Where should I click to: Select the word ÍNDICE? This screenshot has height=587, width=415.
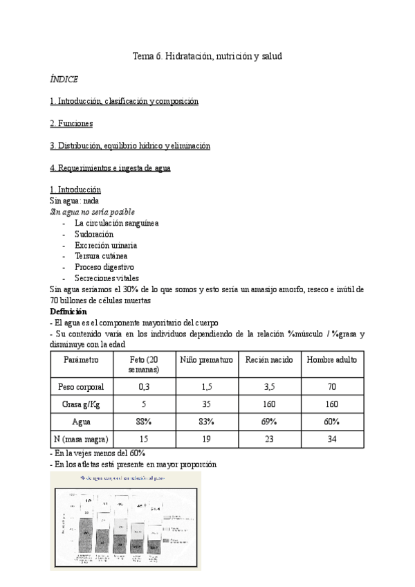pos(64,79)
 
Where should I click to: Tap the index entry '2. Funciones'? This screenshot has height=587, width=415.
pos(71,123)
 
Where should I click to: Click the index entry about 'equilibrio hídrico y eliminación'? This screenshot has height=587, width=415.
pos(130,145)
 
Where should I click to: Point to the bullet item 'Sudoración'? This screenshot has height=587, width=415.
pos(93,234)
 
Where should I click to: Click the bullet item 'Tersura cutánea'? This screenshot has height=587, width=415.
pos(101,255)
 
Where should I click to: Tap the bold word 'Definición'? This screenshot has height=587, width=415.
pos(68,311)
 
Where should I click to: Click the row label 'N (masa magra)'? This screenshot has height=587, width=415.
pos(81,437)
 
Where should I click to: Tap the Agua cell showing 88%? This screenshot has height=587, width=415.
pos(144,421)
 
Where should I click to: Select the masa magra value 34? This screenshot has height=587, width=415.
pos(332,437)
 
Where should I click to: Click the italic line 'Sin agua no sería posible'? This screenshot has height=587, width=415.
pos(93,212)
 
